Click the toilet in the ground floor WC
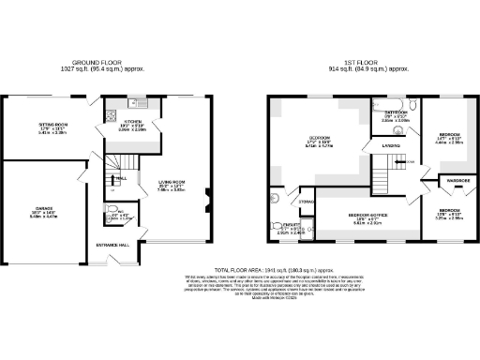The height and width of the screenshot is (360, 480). click(109, 210)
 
